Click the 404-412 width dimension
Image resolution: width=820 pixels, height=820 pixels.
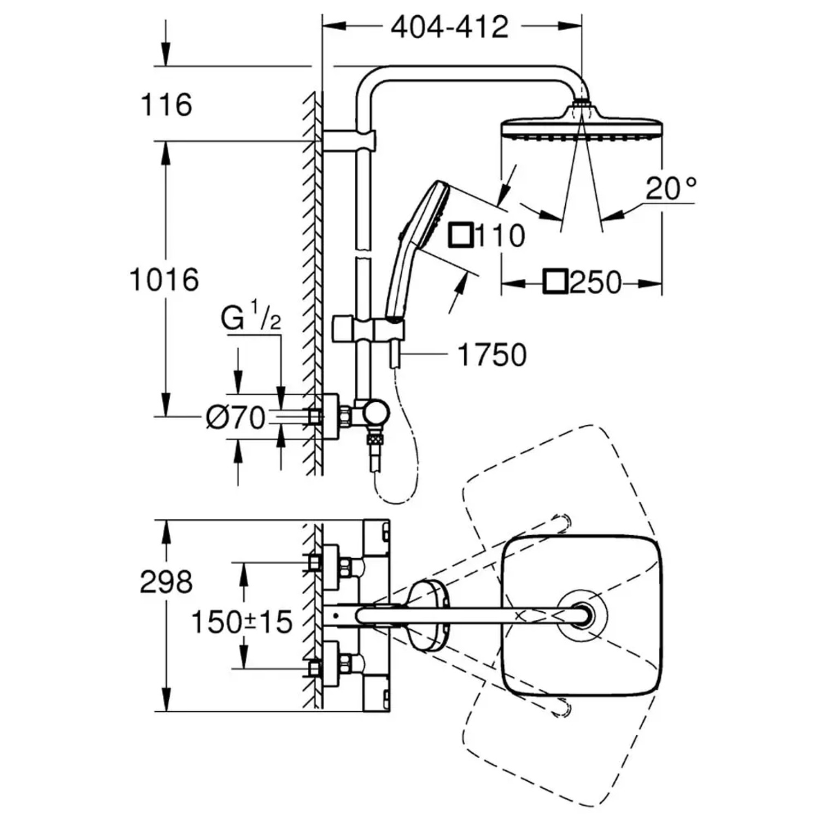pyautogui.click(x=449, y=27)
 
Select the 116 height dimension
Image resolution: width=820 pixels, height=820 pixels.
pyautogui.click(x=166, y=104)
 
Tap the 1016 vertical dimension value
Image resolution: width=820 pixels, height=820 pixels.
pyautogui.click(x=164, y=280)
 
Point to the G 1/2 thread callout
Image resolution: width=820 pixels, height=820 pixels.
pyautogui.click(x=251, y=318)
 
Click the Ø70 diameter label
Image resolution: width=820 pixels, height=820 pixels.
pyautogui.click(x=236, y=418)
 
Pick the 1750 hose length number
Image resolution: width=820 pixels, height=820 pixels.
pyautogui.click(x=491, y=355)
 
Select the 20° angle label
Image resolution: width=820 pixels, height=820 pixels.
pyautogui.click(x=671, y=189)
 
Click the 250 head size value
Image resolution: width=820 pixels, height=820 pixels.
pyautogui.click(x=595, y=283)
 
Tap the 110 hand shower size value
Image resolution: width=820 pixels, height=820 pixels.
pyautogui.click(x=500, y=236)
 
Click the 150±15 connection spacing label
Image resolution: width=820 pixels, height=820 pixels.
pyautogui.click(x=242, y=622)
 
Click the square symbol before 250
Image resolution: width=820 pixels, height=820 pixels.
pyautogui.click(x=555, y=283)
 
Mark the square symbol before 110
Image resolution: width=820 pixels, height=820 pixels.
pyautogui.click(x=460, y=236)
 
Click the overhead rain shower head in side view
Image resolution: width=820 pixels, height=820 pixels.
pyautogui.click(x=582, y=128)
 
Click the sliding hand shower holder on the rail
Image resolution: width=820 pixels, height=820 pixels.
pyautogui.click(x=369, y=330)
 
